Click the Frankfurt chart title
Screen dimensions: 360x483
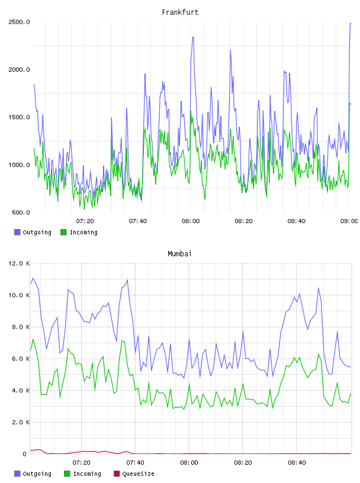[180, 12]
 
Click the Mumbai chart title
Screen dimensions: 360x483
[179, 254]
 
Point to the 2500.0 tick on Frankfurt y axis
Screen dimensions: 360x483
[19, 22]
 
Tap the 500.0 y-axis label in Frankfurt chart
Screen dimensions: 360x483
[21, 212]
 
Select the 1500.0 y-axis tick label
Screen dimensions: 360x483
[19, 117]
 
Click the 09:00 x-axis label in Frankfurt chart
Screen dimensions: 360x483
[349, 221]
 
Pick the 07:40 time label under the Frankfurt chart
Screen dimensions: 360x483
[138, 221]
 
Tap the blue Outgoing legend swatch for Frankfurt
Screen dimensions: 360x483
[17, 232]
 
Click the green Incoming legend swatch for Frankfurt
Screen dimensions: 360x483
[63, 232]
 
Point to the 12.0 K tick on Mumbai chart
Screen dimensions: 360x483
[19, 263]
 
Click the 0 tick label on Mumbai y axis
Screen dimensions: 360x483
[24, 454]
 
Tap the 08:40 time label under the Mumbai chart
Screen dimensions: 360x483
[297, 463]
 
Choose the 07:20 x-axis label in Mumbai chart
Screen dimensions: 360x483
[81, 463]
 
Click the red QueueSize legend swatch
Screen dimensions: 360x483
[117, 474]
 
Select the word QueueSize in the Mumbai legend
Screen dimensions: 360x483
[138, 474]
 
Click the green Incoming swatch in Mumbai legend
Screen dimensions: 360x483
[67, 474]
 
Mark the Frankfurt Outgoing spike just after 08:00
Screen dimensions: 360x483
[193, 37]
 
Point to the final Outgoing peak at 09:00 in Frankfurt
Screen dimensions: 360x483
[351, 24]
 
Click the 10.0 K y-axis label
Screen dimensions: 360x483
[19, 295]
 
